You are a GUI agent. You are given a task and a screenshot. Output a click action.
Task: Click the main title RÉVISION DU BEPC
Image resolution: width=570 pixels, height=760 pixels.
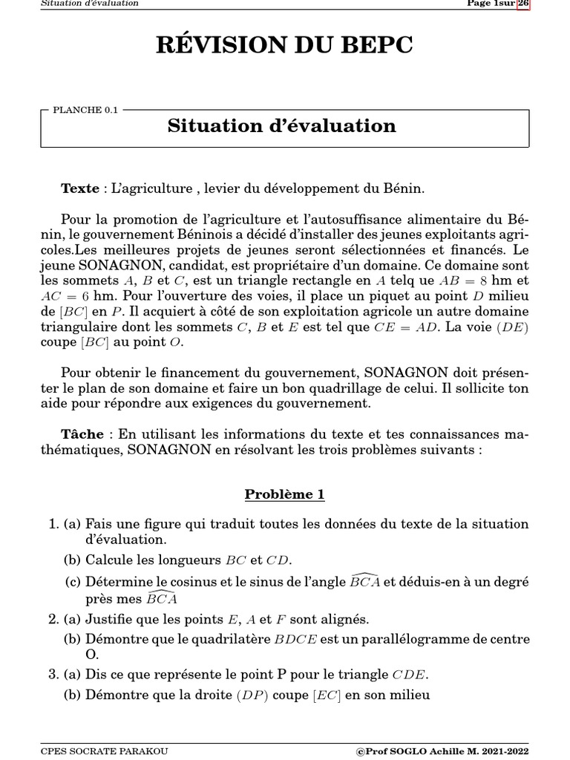[x=284, y=45]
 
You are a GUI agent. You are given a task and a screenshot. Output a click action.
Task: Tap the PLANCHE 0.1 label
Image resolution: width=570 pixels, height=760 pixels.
[x=85, y=110]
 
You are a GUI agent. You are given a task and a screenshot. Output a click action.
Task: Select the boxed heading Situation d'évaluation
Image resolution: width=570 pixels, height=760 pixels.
[x=281, y=125]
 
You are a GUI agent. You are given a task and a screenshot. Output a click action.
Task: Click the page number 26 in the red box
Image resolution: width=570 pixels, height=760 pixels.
[x=522, y=4]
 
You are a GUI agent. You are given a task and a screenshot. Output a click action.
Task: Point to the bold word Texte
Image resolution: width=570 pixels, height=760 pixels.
[x=79, y=189]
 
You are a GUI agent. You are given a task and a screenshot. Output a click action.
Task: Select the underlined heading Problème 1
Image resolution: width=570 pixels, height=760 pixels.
[x=284, y=494]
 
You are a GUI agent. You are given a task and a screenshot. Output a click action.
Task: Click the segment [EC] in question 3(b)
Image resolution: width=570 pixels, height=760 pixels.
[x=326, y=695]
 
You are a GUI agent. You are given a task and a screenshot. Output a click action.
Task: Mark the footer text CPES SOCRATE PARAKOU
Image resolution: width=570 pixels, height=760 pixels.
[x=104, y=751]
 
